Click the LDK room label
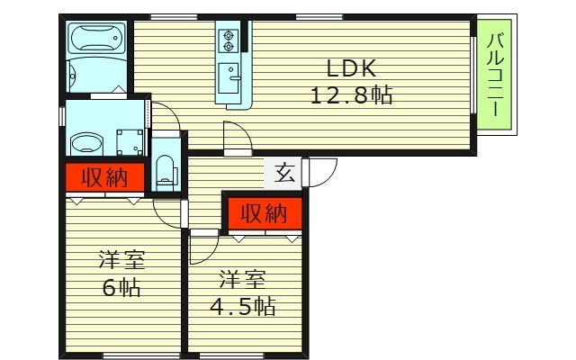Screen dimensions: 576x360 [351, 68]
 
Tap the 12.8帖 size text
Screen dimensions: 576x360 [352, 95]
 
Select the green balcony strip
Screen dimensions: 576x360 [494, 74]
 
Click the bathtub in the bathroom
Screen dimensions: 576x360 [96, 38]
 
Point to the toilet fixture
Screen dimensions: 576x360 [166, 172]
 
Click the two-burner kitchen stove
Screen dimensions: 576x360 [229, 40]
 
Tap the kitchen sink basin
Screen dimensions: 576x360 [229, 78]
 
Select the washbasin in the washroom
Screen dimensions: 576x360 [86, 144]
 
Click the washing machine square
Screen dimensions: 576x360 [130, 142]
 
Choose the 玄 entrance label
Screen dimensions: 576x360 [285, 173]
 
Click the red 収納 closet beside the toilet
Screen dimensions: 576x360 [104, 177]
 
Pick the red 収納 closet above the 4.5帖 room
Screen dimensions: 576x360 [265, 214]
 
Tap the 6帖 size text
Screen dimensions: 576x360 [121, 287]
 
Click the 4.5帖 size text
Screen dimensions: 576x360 [243, 306]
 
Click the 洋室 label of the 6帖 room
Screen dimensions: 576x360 [121, 260]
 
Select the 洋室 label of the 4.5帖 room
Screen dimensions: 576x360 [242, 279]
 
